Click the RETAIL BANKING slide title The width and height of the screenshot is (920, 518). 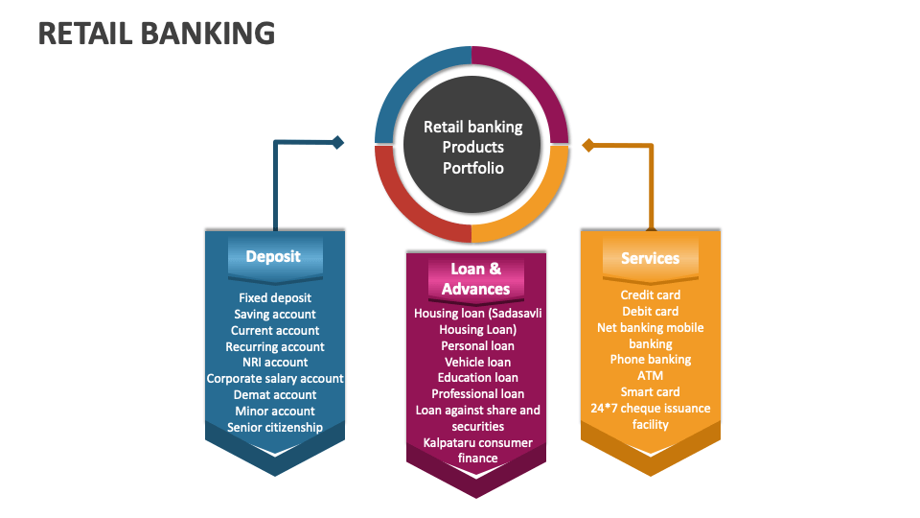pyautogui.click(x=156, y=33)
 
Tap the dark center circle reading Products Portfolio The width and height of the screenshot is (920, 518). pyautogui.click(x=472, y=147)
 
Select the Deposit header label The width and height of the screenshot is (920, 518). pyautogui.click(x=273, y=256)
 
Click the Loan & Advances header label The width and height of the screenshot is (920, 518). pyautogui.click(x=475, y=278)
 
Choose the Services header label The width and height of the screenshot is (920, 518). pyautogui.click(x=650, y=258)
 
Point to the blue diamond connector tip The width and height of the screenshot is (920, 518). pyautogui.click(x=337, y=143)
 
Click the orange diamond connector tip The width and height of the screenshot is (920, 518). pyautogui.click(x=588, y=146)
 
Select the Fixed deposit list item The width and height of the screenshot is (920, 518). pyautogui.click(x=275, y=297)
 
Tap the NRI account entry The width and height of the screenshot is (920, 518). pyautogui.click(x=275, y=363)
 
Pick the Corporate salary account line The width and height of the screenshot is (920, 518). pyautogui.click(x=275, y=379)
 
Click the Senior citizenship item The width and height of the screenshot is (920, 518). pyautogui.click(x=275, y=427)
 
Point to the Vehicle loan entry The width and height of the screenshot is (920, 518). pyautogui.click(x=477, y=362)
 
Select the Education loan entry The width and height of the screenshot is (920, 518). pyautogui.click(x=477, y=378)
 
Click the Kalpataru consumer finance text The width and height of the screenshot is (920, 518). pyautogui.click(x=477, y=450)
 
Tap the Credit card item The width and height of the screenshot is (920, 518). pyautogui.click(x=650, y=295)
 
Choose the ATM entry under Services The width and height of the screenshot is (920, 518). pyautogui.click(x=650, y=376)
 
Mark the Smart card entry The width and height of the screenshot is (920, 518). pyautogui.click(x=650, y=391)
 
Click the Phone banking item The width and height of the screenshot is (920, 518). pyautogui.click(x=650, y=360)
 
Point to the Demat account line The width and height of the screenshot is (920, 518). pyautogui.click(x=275, y=395)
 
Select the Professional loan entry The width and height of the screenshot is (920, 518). pyautogui.click(x=477, y=393)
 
